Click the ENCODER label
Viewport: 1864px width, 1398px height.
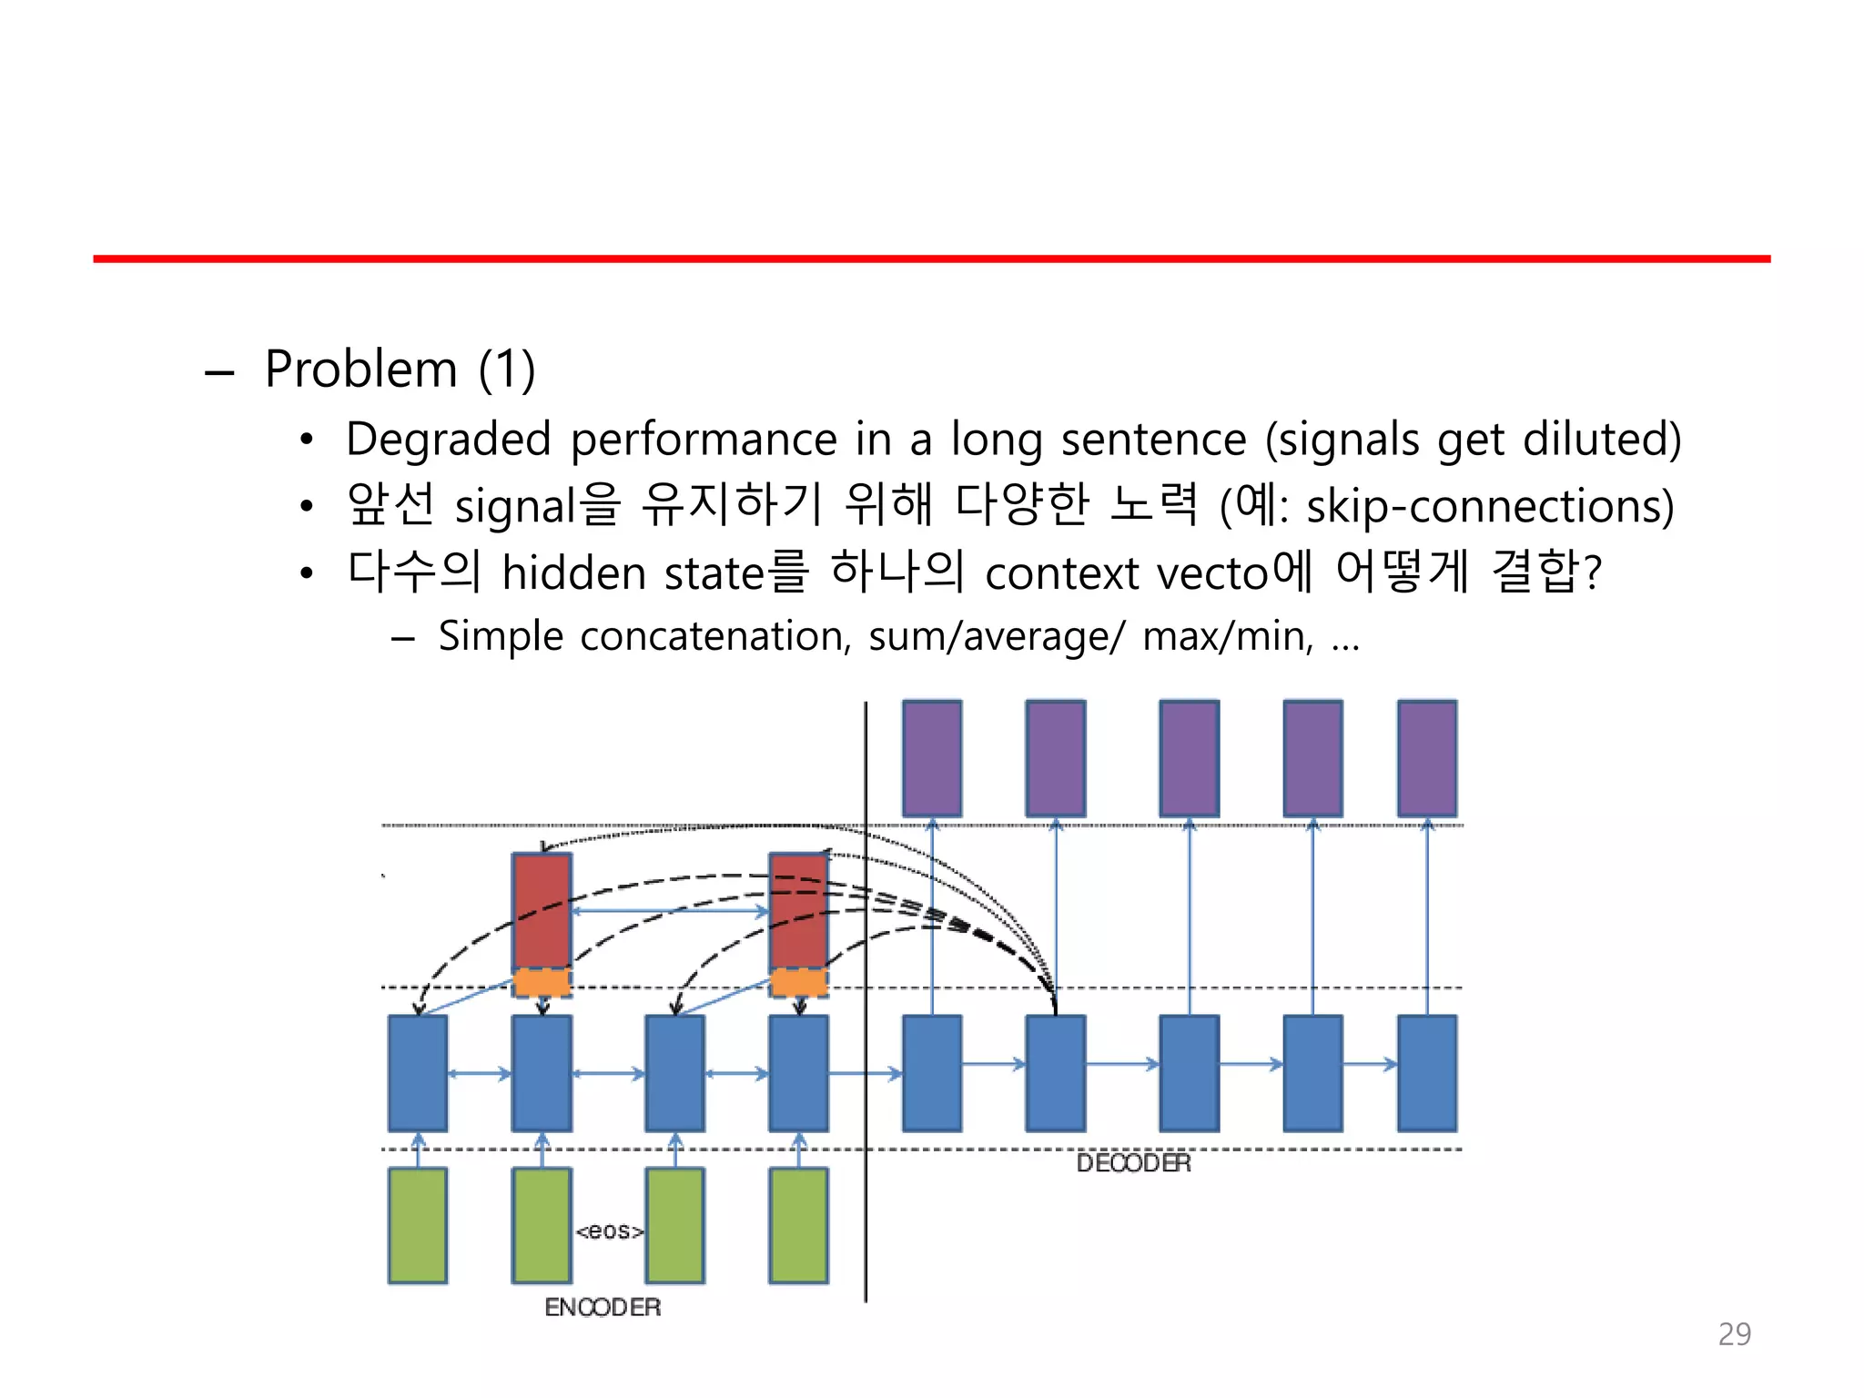tap(603, 1307)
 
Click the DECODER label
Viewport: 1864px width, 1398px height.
tap(1133, 1163)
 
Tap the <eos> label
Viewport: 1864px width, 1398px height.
tap(609, 1231)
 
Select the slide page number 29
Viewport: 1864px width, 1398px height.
tap(1734, 1334)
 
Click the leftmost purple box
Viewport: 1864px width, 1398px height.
tap(931, 758)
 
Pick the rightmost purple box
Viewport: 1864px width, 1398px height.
tap(1426, 758)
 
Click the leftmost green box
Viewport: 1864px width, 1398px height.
tap(418, 1225)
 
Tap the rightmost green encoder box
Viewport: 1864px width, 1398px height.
tap(798, 1225)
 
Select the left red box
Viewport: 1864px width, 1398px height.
tap(542, 910)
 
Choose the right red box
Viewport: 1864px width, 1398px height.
tap(798, 910)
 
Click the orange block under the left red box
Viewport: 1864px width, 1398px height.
tap(542, 983)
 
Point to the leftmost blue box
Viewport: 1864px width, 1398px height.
tap(418, 1073)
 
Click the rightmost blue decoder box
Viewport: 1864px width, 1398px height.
tap(1426, 1073)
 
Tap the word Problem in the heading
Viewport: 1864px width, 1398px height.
tap(361, 370)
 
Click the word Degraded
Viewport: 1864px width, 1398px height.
tap(449, 440)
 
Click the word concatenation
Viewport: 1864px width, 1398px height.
tap(714, 636)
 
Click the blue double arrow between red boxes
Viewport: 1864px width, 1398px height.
tap(670, 910)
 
